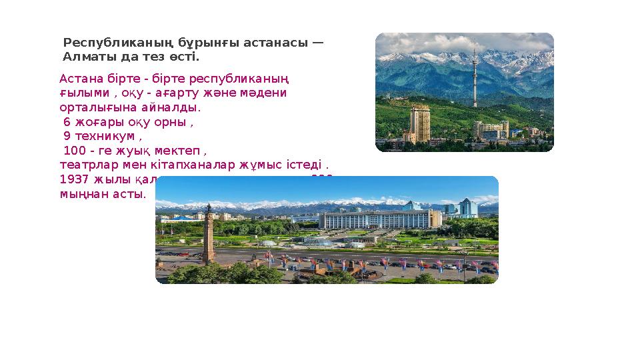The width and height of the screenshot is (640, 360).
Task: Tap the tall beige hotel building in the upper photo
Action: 420,124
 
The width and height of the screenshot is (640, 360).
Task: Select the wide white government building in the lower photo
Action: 380,219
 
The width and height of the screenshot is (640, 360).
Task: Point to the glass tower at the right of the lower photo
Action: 467,209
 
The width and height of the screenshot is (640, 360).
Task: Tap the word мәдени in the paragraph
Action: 265,93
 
